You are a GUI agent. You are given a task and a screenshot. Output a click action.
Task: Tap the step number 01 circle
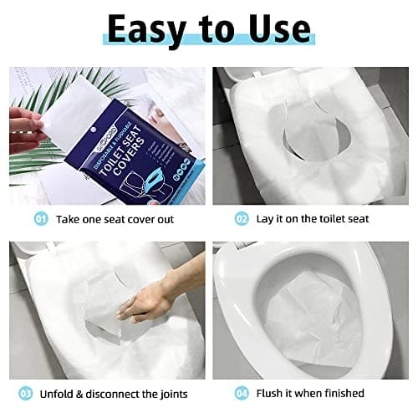[41, 218]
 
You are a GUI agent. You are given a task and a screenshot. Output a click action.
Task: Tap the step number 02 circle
[242, 218]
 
